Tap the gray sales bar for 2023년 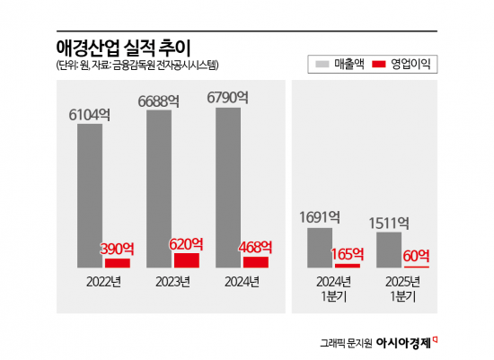click(158, 189)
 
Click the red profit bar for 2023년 click(187, 260)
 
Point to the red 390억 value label click(118, 248)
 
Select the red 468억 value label click(256, 246)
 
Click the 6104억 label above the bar click(90, 114)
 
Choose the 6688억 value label click(159, 101)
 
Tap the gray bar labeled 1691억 click(321, 247)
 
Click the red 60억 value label click(417, 255)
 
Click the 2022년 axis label click(103, 283)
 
